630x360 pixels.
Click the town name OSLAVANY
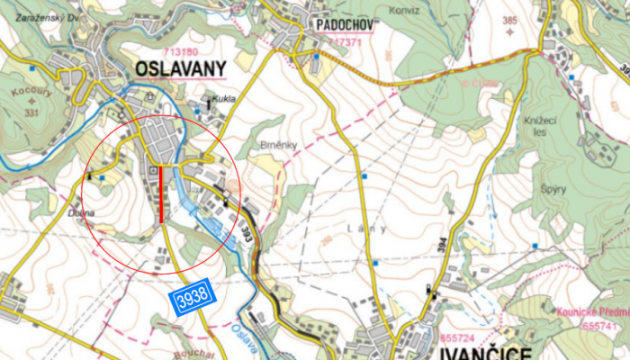pos(179,69)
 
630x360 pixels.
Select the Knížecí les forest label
pos(535,126)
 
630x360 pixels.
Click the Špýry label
pos(553,189)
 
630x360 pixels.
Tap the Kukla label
pos(223,99)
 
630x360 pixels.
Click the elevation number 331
pos(31,112)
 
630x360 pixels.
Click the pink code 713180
pos(181,51)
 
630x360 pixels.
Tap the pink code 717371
pos(346,41)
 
